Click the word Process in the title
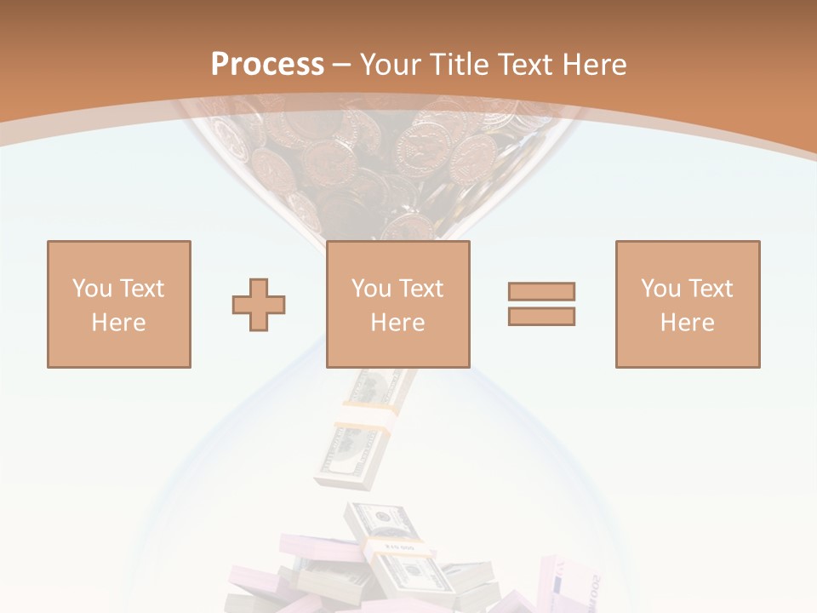pyautogui.click(x=267, y=65)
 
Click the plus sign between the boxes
pyautogui.click(x=259, y=305)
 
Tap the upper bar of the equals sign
pyautogui.click(x=541, y=291)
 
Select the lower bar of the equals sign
pyautogui.click(x=541, y=316)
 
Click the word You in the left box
pyautogui.click(x=91, y=289)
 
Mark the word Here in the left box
pyautogui.click(x=118, y=323)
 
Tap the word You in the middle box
pyautogui.click(x=371, y=289)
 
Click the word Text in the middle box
pyautogui.click(x=420, y=289)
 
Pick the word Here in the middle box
pyautogui.click(x=397, y=323)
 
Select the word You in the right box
pyautogui.click(x=660, y=289)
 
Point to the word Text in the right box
pyautogui.click(x=710, y=289)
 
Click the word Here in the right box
pyautogui.click(x=687, y=323)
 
